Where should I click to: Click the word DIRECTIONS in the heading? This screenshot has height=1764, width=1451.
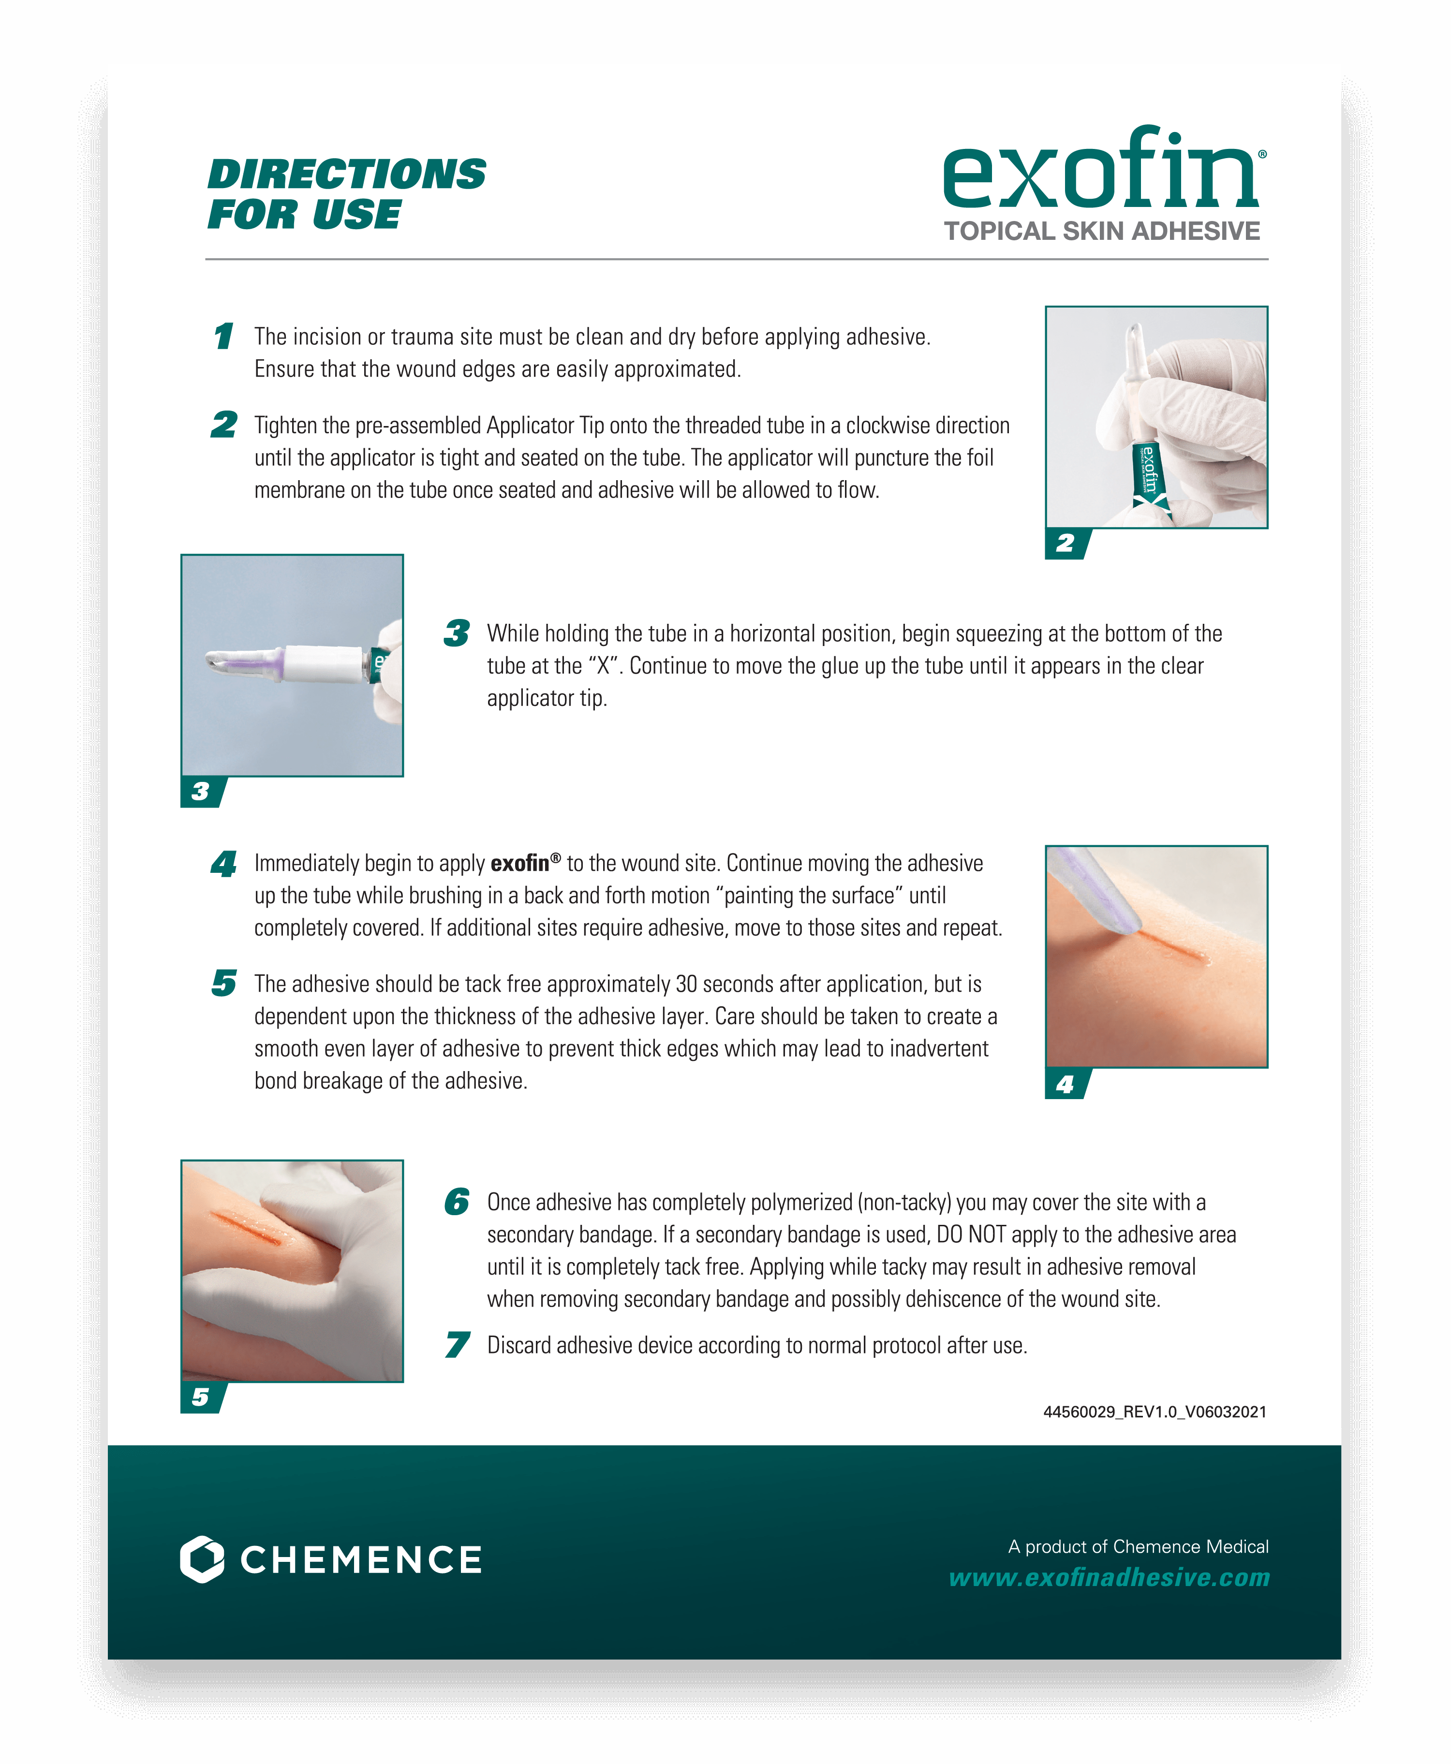click(346, 175)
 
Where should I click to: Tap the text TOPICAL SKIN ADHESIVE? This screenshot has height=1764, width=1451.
click(1102, 232)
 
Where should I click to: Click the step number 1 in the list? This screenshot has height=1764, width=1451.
click(223, 337)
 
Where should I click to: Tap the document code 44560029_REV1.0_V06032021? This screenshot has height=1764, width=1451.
click(1155, 1412)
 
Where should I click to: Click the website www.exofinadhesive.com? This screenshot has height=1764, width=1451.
click(1109, 1578)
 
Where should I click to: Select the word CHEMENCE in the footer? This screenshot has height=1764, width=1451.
click(361, 1560)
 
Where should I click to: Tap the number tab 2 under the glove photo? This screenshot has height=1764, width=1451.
click(1065, 543)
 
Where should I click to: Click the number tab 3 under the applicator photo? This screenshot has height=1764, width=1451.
click(201, 792)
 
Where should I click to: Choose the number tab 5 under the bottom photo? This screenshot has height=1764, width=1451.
click(201, 1397)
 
